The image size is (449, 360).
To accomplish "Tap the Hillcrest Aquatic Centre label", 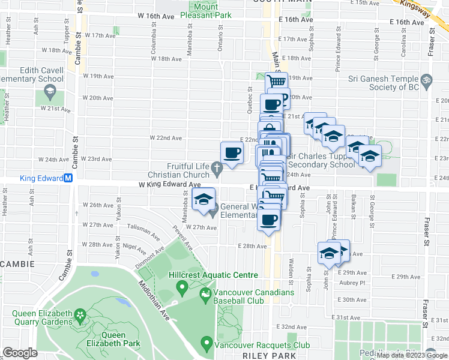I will coord(213,275).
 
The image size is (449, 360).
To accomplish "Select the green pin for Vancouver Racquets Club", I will coord(207,344).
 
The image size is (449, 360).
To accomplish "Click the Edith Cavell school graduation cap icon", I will coord(49,93).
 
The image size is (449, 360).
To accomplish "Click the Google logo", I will coord(20,353).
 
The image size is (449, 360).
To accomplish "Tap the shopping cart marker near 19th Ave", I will coord(276,82).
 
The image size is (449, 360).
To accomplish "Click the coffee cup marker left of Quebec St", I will coord(232,152).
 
